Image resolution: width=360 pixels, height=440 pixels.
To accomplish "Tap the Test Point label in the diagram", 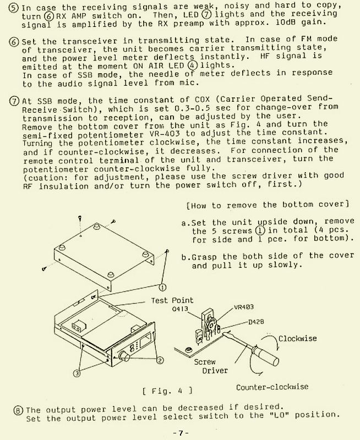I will coord(173,300).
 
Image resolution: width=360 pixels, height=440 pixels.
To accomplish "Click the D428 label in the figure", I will coord(258,321).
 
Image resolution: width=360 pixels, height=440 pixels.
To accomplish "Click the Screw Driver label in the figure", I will coord(208,366).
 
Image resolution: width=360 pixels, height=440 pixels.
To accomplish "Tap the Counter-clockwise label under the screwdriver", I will coord(272,387).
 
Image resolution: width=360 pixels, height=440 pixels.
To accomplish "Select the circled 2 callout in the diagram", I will coord(160,361).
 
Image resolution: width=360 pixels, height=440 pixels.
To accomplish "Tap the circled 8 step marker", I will coord(19,410).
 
